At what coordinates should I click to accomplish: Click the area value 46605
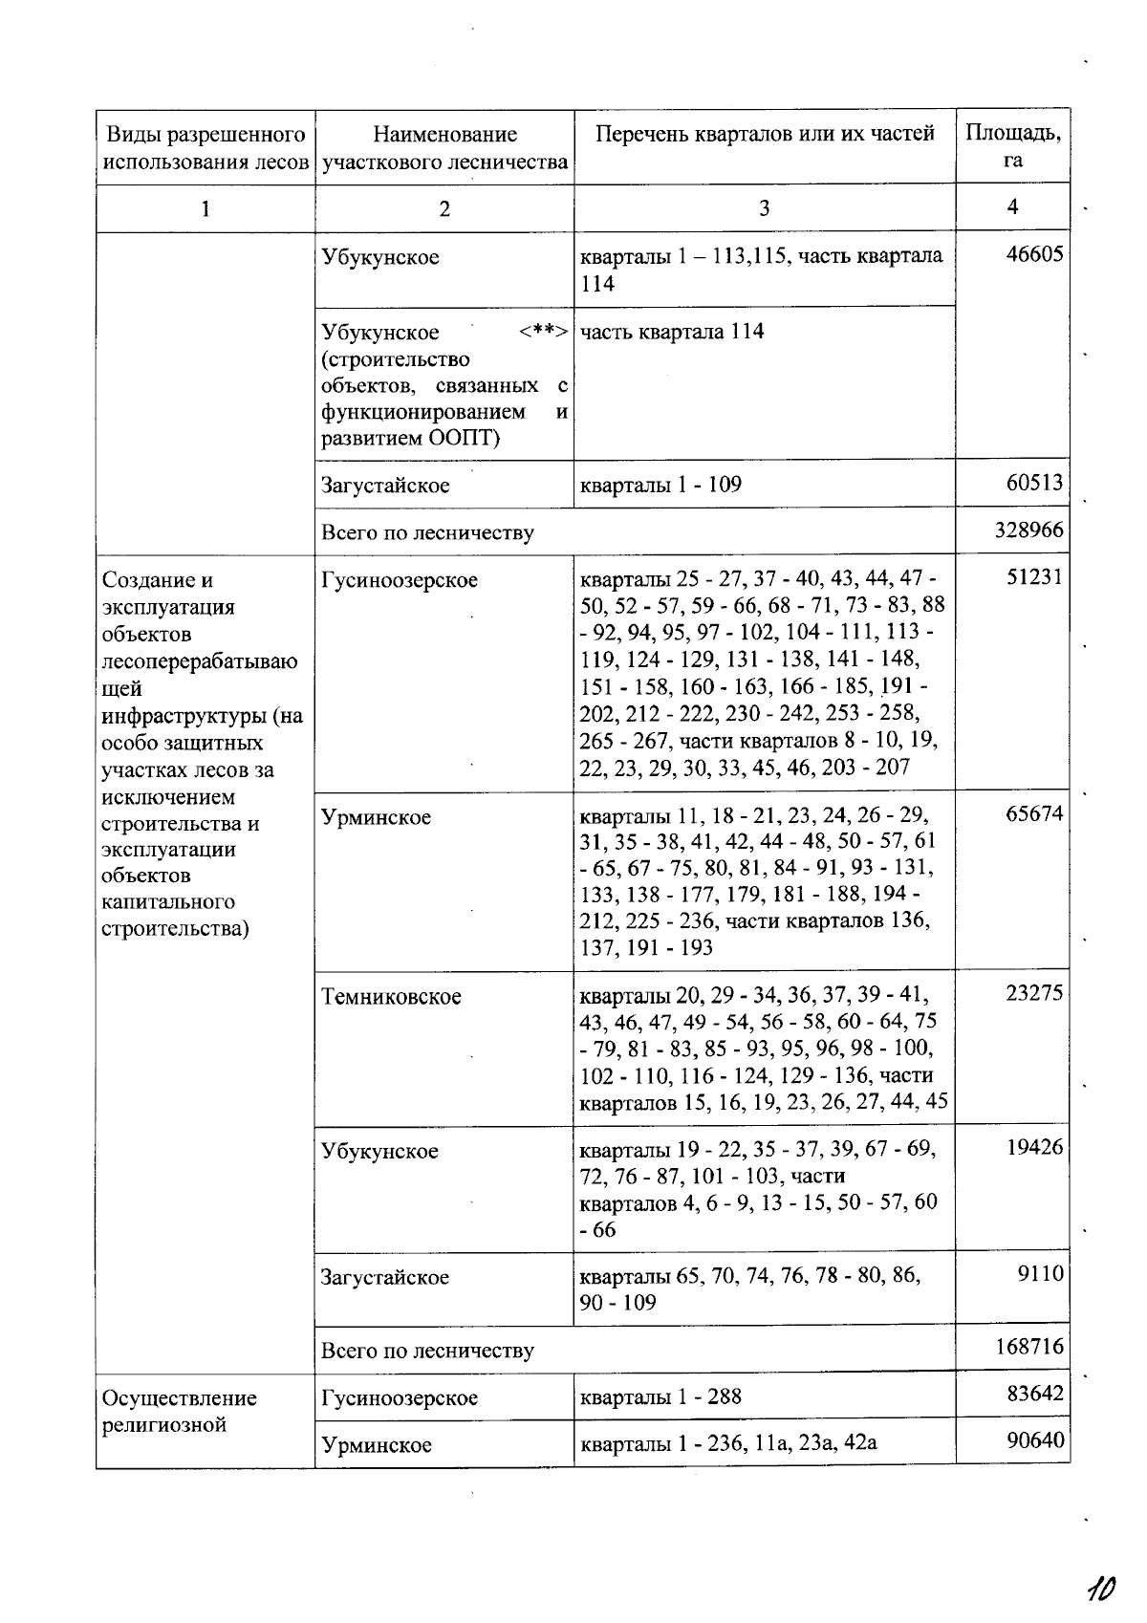coord(1034,256)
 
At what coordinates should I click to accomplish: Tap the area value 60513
coord(1034,483)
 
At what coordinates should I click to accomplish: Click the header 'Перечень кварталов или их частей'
coord(765,134)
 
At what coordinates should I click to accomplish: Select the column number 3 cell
coord(764,208)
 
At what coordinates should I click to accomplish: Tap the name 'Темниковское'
coord(391,997)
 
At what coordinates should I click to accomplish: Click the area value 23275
coord(1034,994)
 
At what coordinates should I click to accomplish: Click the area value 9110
coord(1041,1274)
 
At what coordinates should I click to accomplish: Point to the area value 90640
coord(1034,1440)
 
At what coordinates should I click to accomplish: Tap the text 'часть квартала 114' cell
coord(672,332)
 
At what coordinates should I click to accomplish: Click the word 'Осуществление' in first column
coord(180,1398)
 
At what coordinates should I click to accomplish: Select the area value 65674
coord(1034,814)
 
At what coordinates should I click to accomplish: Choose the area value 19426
coord(1034,1148)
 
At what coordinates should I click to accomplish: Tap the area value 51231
coord(1034,577)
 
